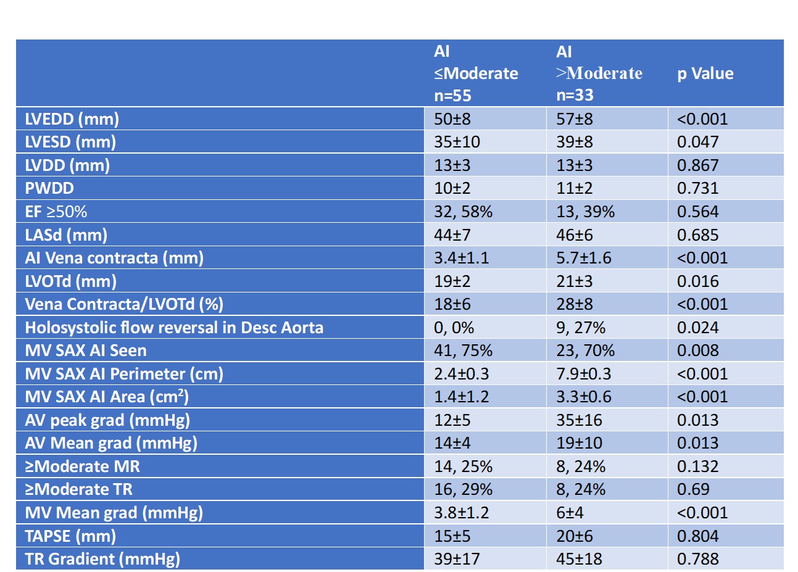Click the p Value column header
tap(705, 73)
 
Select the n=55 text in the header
tap(452, 96)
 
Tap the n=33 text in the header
tap(575, 95)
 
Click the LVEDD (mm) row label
tap(72, 119)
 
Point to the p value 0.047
tap(697, 142)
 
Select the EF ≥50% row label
tap(56, 212)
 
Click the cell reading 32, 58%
tap(463, 212)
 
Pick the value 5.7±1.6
tap(584, 258)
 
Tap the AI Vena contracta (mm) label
tap(114, 258)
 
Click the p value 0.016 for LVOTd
tap(697, 281)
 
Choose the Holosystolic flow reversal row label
tap(174, 328)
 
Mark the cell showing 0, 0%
tap(454, 328)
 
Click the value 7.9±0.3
tap(584, 374)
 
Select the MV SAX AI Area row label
tap(107, 397)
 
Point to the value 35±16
tap(579, 420)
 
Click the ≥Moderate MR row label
tap(82, 466)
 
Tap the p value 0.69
tap(693, 489)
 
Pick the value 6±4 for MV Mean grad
tap(570, 513)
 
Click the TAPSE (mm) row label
tap(70, 536)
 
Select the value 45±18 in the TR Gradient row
tap(579, 559)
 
